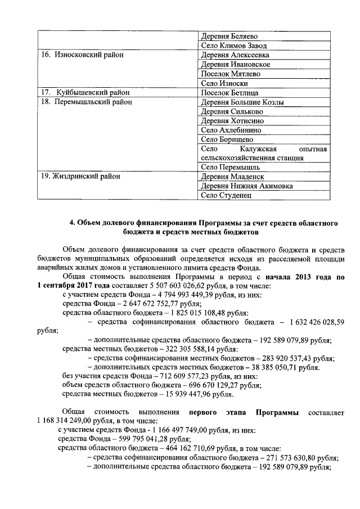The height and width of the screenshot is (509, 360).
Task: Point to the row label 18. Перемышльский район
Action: [86, 102]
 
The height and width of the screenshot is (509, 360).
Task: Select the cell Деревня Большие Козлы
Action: [242, 102]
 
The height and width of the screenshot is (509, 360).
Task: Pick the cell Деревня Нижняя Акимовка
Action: [246, 186]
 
